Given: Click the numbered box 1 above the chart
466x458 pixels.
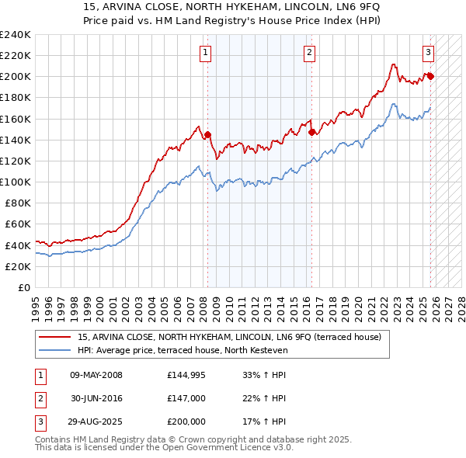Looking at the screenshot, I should pos(206,53).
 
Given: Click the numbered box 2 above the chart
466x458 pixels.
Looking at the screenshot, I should pos(309,53).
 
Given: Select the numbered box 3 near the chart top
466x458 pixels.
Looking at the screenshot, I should pos(428,53).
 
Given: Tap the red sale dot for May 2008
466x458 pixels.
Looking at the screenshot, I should pos(207,134).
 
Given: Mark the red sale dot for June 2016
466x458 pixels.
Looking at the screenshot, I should pos(311,132).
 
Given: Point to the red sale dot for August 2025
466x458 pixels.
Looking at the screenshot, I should pos(430,76).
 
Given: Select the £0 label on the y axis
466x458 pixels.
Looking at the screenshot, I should pos(23,287).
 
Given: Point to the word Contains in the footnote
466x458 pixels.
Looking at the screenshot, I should pos(54,439).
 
